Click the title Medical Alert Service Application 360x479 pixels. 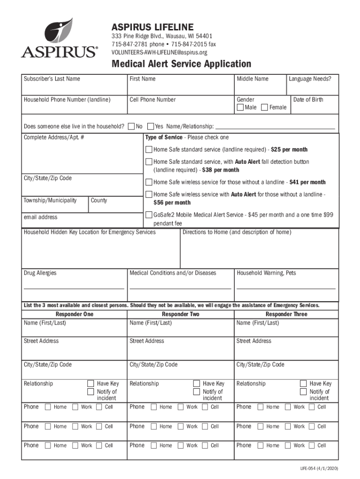(x=181, y=64)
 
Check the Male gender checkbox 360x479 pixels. (x=240, y=108)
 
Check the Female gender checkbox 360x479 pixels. (x=265, y=108)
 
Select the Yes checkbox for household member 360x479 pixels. (x=151, y=126)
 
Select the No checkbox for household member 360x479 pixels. (x=131, y=126)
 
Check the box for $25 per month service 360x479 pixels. (x=148, y=150)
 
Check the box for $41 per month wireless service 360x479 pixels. (x=148, y=182)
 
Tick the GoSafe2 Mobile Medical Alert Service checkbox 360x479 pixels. (x=148, y=215)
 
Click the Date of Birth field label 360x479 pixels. (x=308, y=100)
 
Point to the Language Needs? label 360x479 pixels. (x=310, y=79)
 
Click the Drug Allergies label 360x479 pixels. (x=40, y=273)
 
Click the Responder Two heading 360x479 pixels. (x=181, y=314)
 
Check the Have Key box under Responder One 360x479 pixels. (x=91, y=384)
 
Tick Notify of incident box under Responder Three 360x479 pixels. (x=303, y=392)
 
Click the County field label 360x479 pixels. (x=99, y=200)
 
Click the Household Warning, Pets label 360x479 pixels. (x=266, y=273)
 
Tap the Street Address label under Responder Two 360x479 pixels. (x=147, y=341)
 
